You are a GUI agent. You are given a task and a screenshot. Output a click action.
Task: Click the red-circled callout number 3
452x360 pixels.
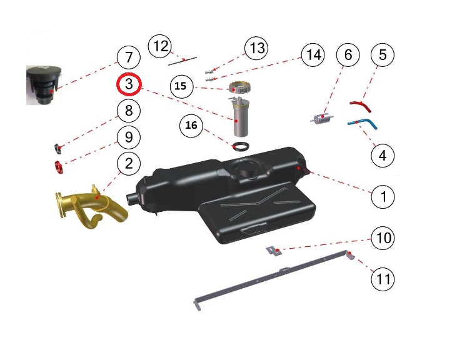point(129,84)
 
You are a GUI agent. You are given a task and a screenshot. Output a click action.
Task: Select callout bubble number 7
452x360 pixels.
point(129,57)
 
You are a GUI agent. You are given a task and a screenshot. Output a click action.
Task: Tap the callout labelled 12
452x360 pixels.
point(159,46)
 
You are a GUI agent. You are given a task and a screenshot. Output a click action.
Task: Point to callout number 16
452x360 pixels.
point(191,126)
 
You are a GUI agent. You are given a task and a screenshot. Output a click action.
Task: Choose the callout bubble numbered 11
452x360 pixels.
point(383,279)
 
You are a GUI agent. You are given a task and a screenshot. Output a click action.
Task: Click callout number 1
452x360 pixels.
point(383,197)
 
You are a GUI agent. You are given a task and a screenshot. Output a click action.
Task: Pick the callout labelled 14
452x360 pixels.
point(313,55)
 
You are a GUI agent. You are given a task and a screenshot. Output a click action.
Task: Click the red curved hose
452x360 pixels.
point(361,106)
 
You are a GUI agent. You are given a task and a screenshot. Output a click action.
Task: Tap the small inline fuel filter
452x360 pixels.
point(322,118)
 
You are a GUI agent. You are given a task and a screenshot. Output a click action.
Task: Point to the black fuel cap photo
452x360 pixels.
point(44,86)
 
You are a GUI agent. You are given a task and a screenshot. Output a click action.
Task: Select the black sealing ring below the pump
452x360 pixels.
point(241,146)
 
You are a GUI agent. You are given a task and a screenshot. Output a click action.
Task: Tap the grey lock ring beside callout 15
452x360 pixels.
point(239,87)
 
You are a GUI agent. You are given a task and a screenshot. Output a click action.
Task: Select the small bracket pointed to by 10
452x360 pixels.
point(274,251)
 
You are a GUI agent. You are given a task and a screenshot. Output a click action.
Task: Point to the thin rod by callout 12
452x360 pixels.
point(183,61)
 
